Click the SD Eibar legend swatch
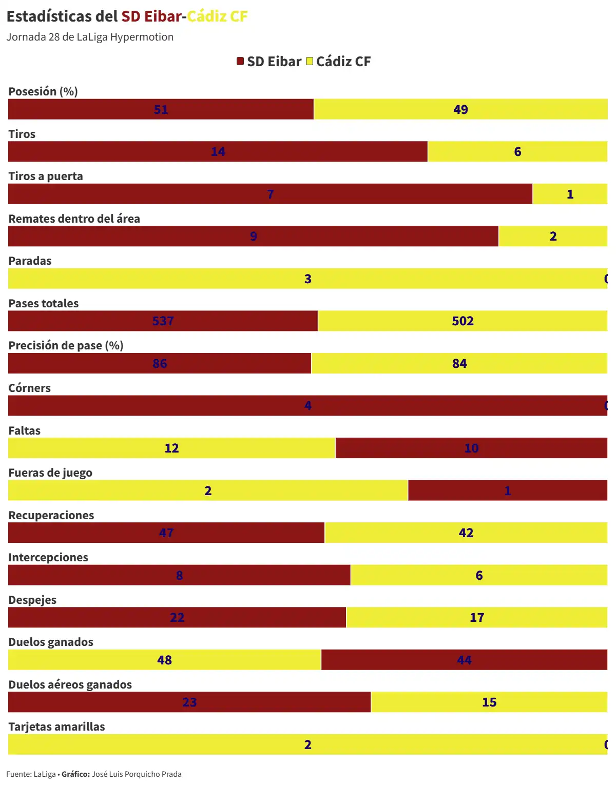[x=240, y=62]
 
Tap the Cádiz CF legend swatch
[x=310, y=62]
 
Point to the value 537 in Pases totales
[x=163, y=321]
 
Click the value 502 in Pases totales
[x=463, y=321]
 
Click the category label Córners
[x=29, y=388]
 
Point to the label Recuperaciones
[x=51, y=515]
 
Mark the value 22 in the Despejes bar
[x=177, y=617]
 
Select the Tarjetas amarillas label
[x=56, y=727]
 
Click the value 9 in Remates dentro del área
[x=254, y=237]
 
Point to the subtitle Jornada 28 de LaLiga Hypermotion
[x=90, y=37]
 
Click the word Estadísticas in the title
[x=49, y=16]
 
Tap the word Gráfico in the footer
[x=75, y=774]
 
